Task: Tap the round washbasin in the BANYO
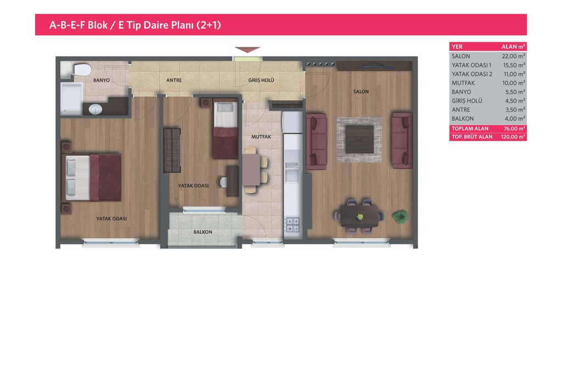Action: coord(95,109)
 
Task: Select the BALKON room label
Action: coord(203,232)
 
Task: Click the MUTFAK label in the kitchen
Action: coord(261,137)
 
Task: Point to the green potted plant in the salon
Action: coord(400,217)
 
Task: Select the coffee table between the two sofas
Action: coord(359,139)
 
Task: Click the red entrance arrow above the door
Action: coord(248,50)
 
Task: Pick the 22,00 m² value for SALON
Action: coord(513,56)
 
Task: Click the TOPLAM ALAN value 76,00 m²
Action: coord(514,128)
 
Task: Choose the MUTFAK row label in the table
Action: coord(463,83)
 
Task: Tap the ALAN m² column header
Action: coord(513,47)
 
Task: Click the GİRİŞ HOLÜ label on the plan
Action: coord(261,80)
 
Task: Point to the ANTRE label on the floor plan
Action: coord(174,80)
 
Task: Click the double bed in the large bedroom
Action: coord(93,177)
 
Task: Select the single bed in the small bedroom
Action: coord(226,130)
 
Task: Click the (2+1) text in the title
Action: coord(209,25)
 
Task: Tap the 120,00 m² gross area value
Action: coord(513,137)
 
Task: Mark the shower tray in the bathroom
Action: coord(72,99)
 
